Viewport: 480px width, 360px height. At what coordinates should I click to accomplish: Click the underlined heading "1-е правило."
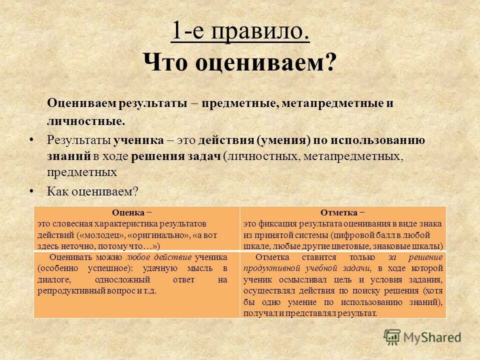(240, 33)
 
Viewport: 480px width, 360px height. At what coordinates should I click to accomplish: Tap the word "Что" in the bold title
(165, 63)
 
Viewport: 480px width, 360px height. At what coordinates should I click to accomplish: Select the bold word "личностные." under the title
(86, 121)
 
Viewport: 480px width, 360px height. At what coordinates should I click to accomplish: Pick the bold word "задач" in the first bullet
(205, 156)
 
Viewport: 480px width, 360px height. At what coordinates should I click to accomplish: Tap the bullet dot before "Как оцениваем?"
(32, 190)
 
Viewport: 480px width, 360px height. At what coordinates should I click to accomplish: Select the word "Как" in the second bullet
(57, 191)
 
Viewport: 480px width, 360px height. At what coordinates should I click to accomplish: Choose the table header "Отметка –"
(342, 212)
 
